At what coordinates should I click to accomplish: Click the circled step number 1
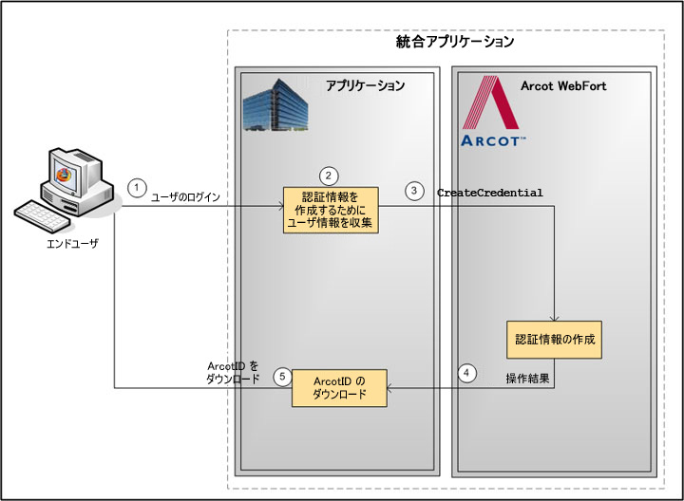[x=138, y=188]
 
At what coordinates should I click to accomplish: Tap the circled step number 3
[x=414, y=191]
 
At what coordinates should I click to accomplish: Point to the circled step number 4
[x=466, y=373]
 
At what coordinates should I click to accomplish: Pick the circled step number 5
[x=281, y=377]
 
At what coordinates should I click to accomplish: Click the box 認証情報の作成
[x=555, y=339]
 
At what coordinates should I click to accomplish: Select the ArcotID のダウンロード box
[x=339, y=388]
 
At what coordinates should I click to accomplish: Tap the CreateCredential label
[x=489, y=193]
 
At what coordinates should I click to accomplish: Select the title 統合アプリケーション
[x=455, y=42]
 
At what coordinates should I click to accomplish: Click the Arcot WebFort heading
[x=563, y=86]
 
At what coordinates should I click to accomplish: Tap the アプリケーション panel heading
[x=365, y=86]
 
